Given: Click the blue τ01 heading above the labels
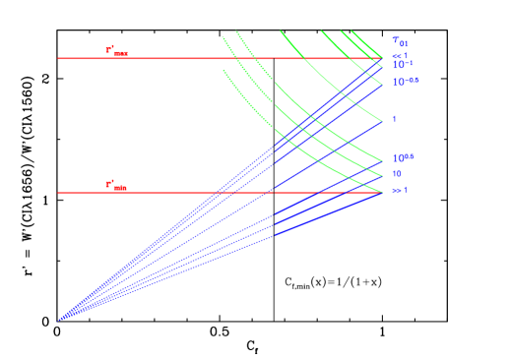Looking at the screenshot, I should [400, 41].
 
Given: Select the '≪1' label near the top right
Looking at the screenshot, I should [400, 55].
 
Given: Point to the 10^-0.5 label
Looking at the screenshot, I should [406, 82].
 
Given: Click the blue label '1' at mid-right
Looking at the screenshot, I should [394, 119].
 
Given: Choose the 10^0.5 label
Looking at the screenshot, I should [403, 157].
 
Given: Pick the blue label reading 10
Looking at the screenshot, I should [396, 173].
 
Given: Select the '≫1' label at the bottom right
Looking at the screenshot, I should [400, 189].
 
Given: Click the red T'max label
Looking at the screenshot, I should [116, 50].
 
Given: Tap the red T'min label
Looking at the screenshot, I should [116, 185].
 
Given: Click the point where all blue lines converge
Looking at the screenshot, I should [59, 320].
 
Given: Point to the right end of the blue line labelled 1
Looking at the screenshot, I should [382, 121].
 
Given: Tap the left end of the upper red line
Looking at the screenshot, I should [59, 58].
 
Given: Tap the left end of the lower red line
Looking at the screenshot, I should [59, 193].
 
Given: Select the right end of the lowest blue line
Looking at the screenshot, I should [382, 194].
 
